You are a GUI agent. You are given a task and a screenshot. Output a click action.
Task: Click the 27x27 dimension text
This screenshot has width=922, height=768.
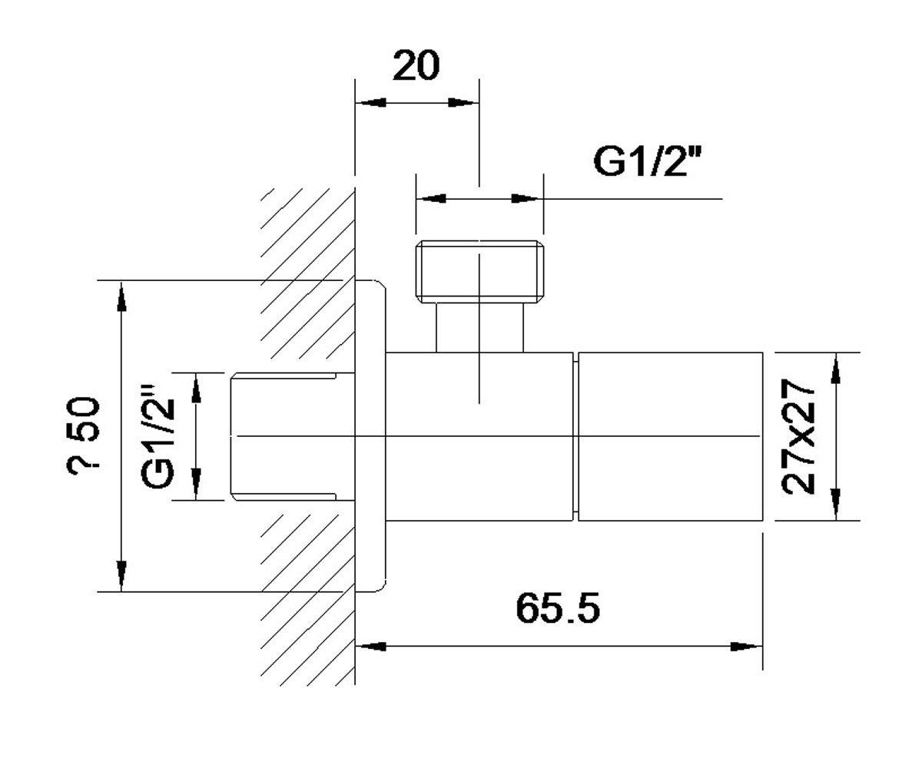[x=798, y=436]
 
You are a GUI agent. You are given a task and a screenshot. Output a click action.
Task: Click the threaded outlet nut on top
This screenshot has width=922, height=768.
[x=479, y=272]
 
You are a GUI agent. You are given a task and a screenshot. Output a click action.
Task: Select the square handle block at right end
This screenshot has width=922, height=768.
[x=670, y=436]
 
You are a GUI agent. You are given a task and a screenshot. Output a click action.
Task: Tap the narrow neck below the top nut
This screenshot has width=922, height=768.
[x=479, y=327]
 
